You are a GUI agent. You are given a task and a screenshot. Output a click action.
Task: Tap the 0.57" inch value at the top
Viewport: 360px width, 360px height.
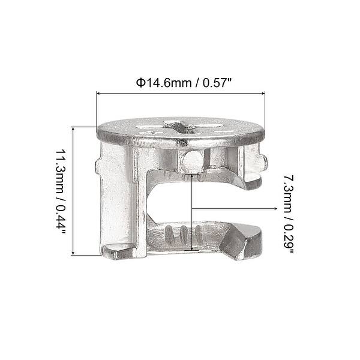pyautogui.click(x=214, y=82)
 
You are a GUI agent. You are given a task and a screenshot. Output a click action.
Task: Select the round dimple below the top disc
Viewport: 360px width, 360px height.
pyautogui.click(x=191, y=160)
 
